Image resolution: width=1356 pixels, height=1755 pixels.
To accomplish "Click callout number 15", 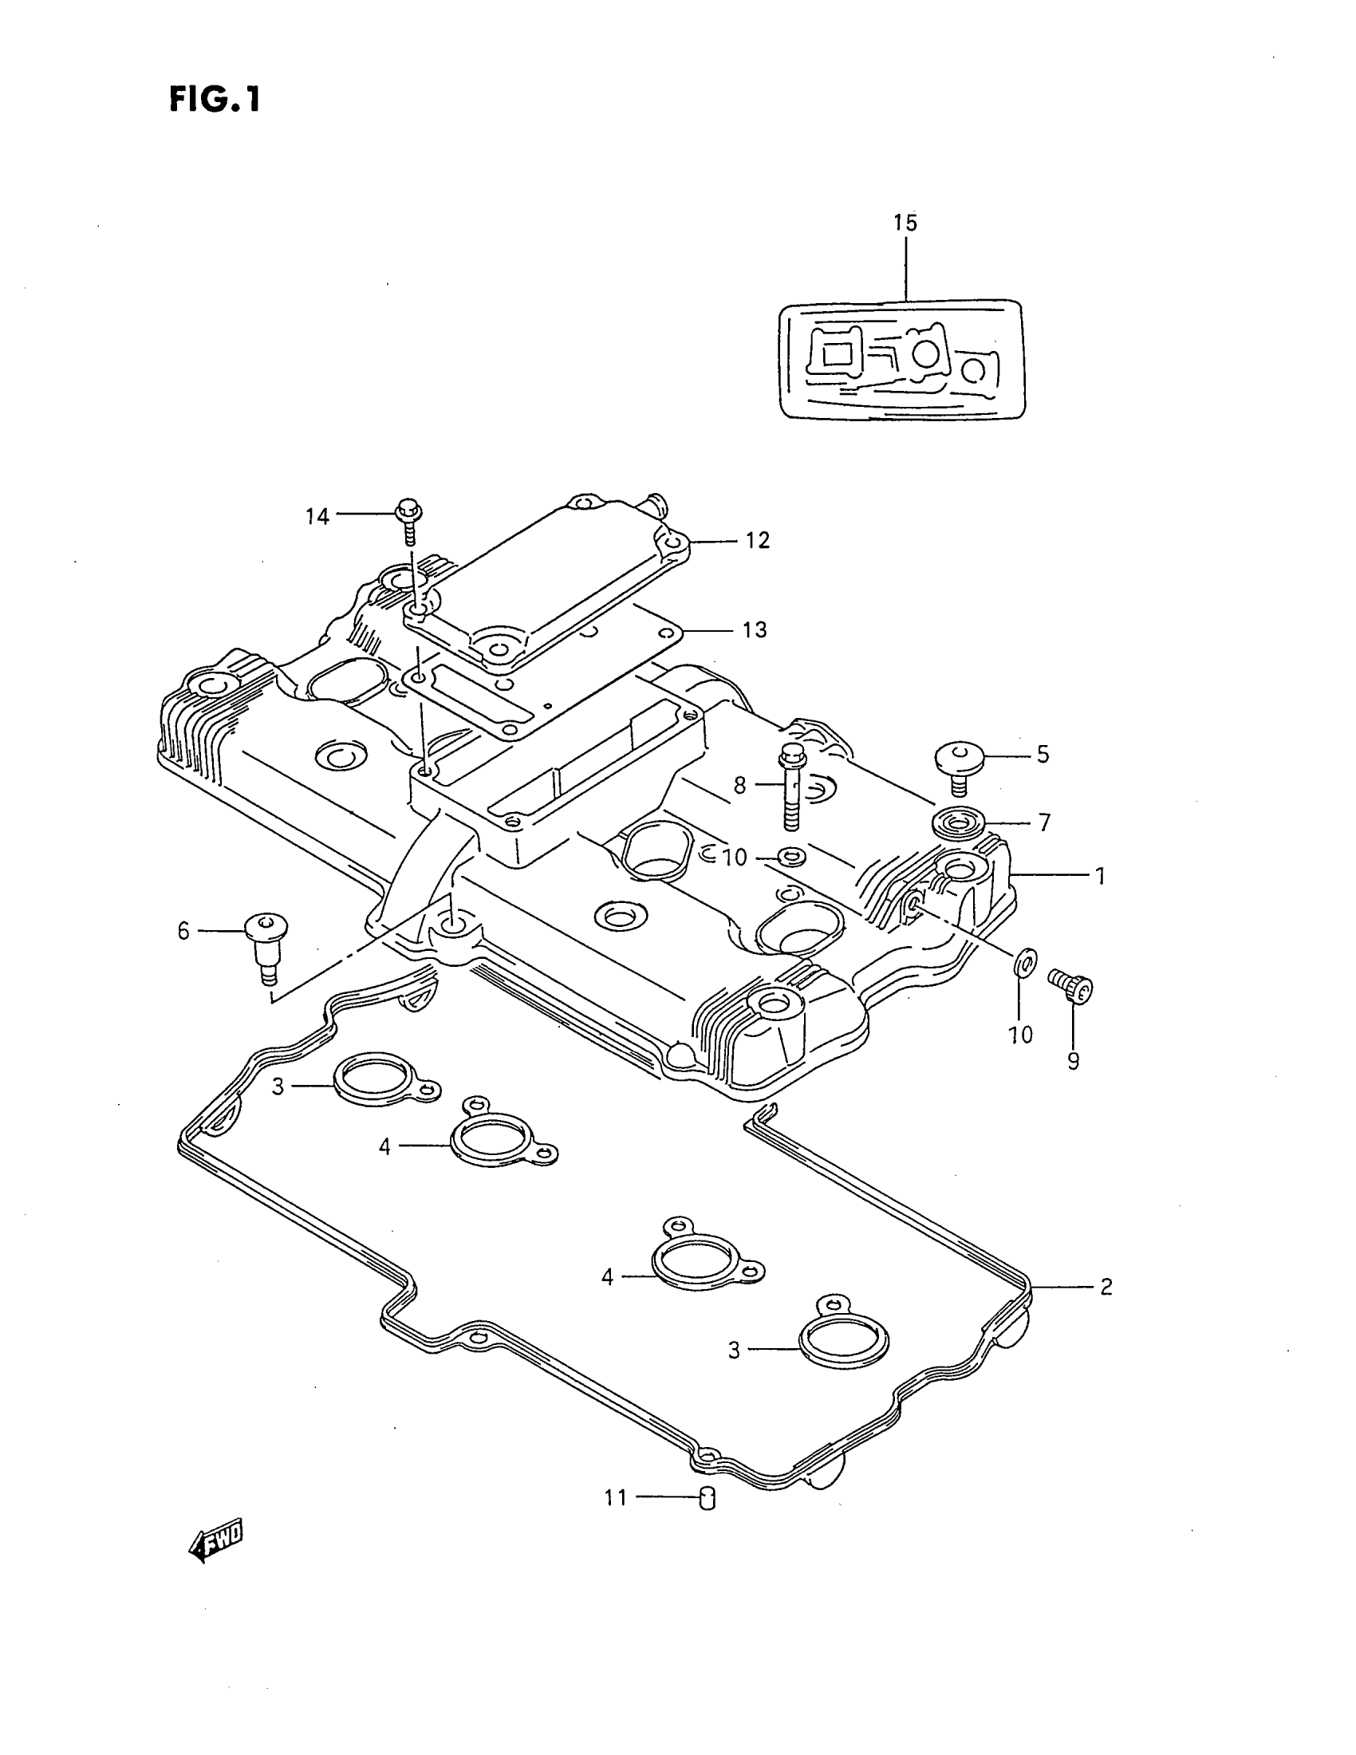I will [905, 223].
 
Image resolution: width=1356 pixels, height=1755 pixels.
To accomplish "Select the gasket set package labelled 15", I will [903, 360].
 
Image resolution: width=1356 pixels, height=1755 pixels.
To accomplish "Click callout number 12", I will [757, 540].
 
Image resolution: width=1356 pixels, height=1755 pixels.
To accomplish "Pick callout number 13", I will [755, 629].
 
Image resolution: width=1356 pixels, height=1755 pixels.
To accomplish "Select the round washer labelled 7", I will [957, 824].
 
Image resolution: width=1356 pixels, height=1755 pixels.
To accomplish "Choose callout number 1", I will [1101, 876].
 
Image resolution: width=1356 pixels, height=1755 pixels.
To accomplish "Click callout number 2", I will [1106, 1287].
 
